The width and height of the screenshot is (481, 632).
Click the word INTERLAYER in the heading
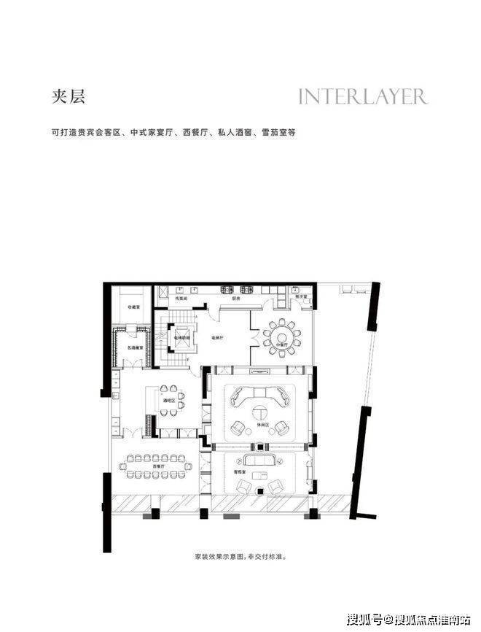tap(362, 97)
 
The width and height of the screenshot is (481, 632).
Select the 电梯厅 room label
tap(218, 339)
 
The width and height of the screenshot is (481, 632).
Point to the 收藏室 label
tap(134, 307)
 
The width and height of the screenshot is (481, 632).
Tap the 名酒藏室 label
tap(134, 347)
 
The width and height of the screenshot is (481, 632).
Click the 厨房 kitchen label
tap(237, 298)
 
